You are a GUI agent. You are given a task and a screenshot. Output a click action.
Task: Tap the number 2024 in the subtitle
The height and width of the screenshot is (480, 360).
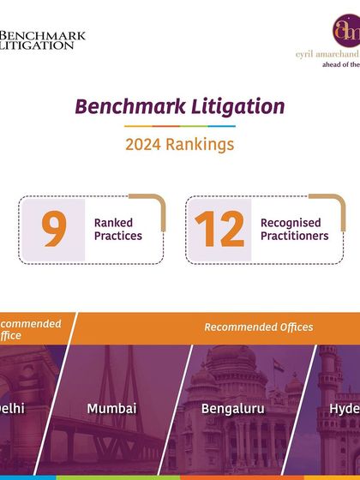point(143,145)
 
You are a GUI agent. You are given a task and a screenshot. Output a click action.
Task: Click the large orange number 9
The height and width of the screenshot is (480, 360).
point(55,229)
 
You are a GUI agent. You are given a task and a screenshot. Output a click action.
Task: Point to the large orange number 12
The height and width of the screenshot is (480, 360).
point(219,229)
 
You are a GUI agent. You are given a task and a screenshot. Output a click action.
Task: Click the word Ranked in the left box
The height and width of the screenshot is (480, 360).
point(114,223)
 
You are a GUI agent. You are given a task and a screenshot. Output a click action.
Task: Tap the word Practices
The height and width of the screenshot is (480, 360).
point(118,236)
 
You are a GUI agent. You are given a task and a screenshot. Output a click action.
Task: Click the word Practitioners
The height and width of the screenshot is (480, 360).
point(294,236)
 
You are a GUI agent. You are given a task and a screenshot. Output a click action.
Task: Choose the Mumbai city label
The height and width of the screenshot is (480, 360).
point(111,409)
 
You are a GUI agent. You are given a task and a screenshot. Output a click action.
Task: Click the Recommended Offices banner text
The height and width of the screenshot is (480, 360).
point(258,327)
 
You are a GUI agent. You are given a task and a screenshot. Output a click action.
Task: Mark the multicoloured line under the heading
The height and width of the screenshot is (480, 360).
point(179,126)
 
